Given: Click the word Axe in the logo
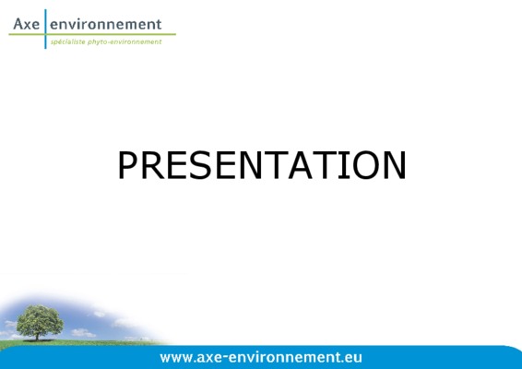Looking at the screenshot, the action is coord(27,24).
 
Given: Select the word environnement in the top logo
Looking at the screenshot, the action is coord(105,24).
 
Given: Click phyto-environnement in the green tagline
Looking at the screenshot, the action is coord(125,42).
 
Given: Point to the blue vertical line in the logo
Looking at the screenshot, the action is coord(45,29).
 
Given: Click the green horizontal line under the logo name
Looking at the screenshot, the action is coord(92,34).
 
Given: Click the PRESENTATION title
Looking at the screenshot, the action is coord(262,165).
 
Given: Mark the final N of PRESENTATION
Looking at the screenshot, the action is coord(395,165).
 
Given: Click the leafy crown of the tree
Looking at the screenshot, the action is coord(40,320).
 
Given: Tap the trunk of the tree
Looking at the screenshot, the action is coord(37,337).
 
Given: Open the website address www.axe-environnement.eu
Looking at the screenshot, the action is coord(261,358).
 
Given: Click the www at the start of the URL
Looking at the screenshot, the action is coord(176,358).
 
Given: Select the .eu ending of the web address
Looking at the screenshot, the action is coord(352,358).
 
